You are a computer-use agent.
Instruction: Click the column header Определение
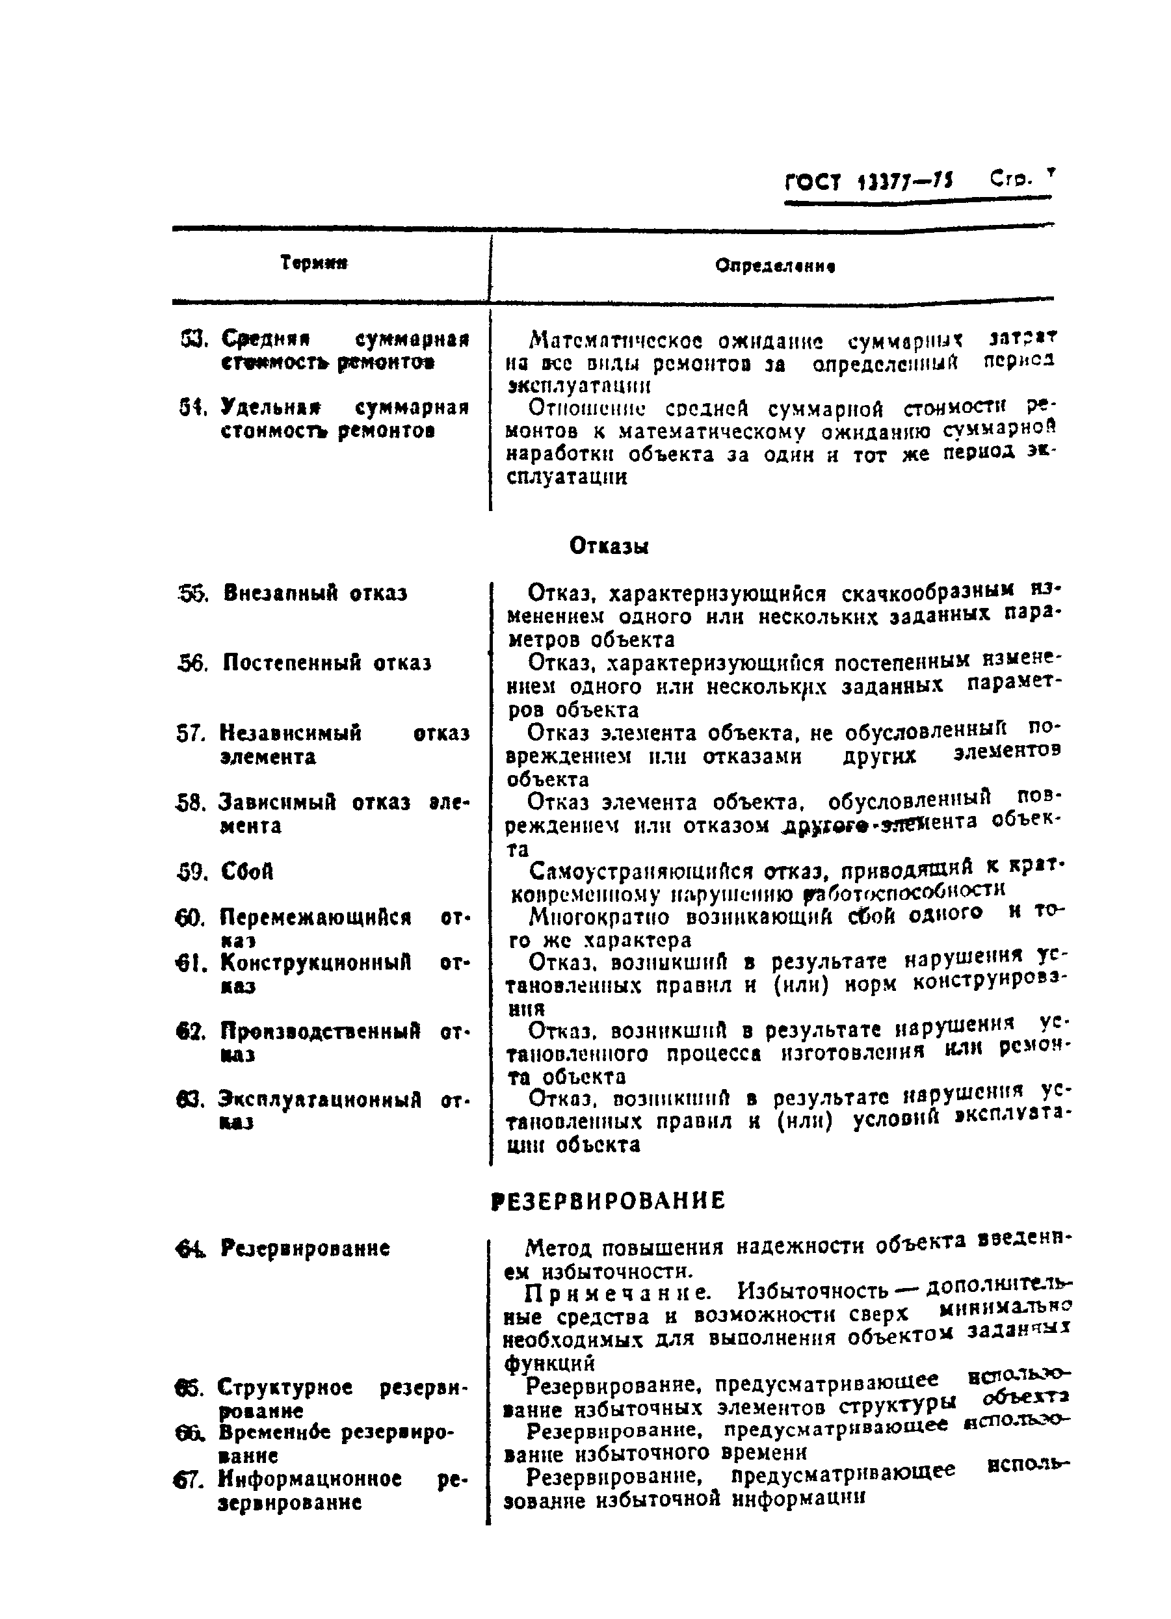tap(775, 267)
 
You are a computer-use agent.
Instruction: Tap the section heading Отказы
tap(609, 546)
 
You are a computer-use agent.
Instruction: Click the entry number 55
tap(191, 593)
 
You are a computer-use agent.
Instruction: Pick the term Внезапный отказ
tap(315, 593)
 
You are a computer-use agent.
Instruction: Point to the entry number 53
tap(194, 337)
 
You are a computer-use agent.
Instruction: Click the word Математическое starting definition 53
tap(616, 340)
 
